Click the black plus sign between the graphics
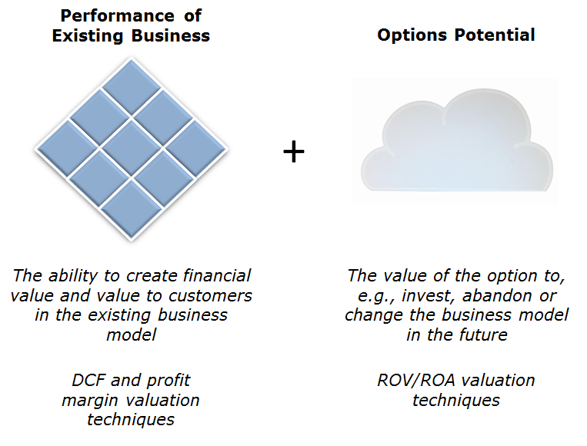(294, 151)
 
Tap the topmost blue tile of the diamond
(132, 87)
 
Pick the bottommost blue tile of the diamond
(132, 208)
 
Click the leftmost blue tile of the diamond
(68, 148)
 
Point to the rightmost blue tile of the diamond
(195, 148)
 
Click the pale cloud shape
(456, 141)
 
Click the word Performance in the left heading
(117, 16)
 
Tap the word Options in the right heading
(412, 35)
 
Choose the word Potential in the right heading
(495, 35)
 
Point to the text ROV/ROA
(416, 381)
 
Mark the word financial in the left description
(217, 275)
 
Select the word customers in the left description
(210, 296)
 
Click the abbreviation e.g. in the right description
(376, 296)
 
